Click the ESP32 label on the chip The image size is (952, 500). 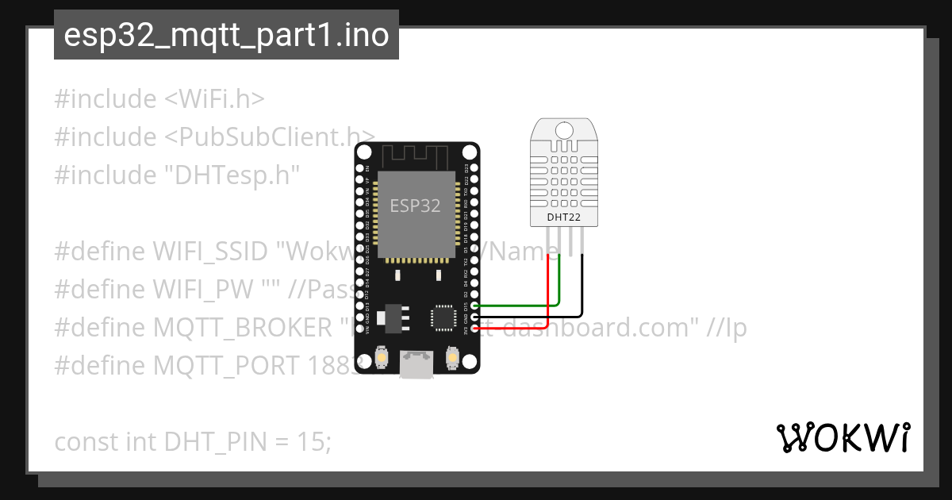point(415,206)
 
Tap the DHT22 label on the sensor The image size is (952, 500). point(562,217)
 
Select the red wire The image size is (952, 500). point(548,294)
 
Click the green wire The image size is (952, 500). point(559,286)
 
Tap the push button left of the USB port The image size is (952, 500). point(382,359)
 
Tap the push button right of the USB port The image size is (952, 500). point(453,359)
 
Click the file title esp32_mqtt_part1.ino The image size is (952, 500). point(226,36)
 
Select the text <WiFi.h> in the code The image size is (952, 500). point(214,99)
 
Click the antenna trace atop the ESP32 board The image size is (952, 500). point(416,155)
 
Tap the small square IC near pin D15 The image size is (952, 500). point(442,316)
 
